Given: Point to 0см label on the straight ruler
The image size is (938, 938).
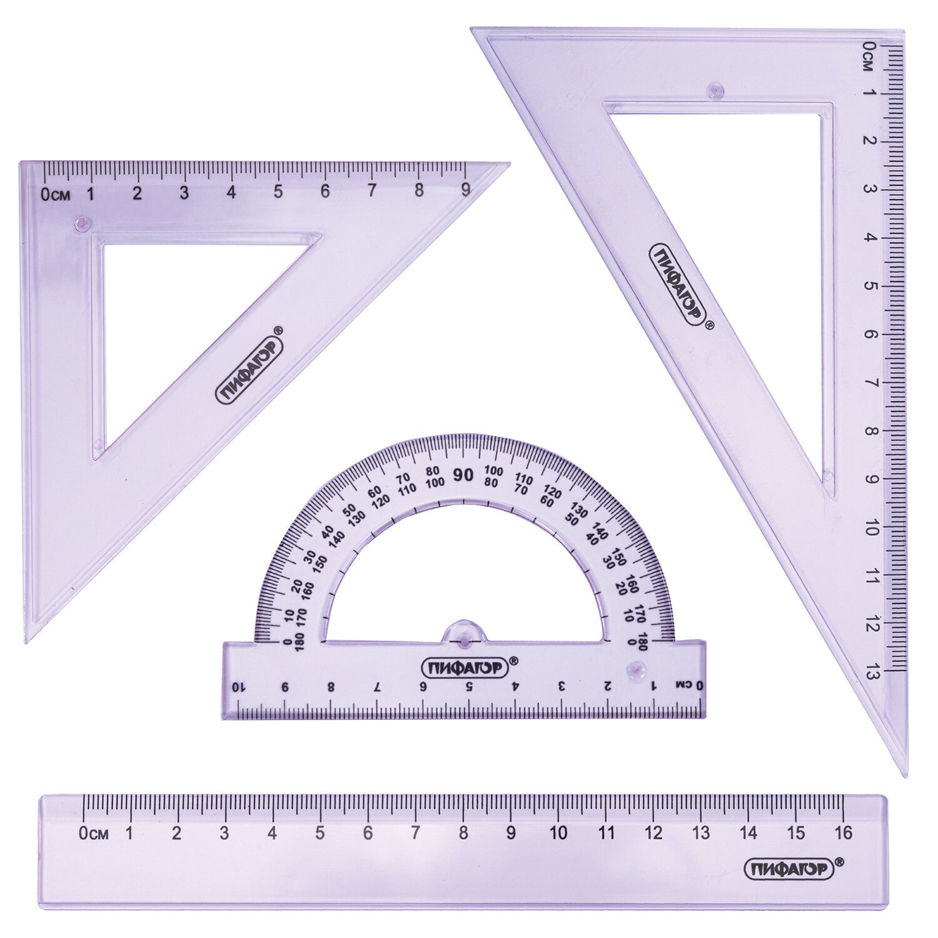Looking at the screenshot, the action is click(x=94, y=833).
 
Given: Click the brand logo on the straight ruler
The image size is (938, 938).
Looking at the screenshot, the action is click(x=789, y=868).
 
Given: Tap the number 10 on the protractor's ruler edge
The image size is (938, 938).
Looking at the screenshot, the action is click(x=238, y=687).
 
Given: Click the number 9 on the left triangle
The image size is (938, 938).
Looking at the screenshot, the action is click(x=465, y=191).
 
